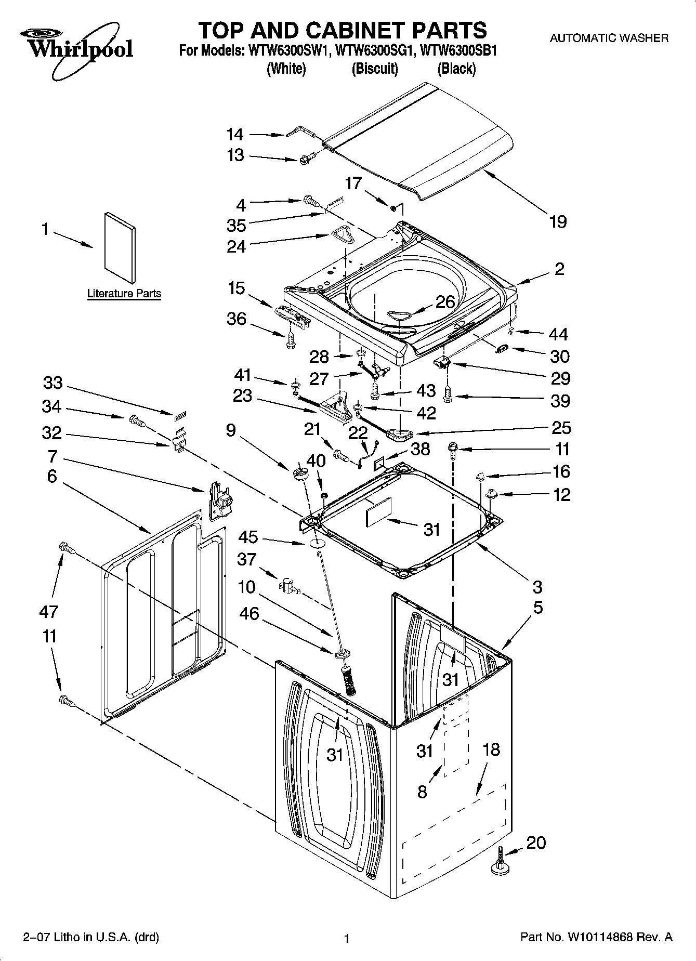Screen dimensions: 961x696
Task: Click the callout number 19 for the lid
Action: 558,222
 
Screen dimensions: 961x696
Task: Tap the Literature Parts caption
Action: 124,294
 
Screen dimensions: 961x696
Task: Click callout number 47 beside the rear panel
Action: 49,612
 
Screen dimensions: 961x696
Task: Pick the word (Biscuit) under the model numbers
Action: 375,69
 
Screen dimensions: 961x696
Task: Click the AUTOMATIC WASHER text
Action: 609,38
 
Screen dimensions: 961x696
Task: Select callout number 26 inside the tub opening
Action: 445,302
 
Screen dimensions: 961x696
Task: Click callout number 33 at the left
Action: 53,383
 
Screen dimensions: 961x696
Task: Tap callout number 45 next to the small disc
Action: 248,536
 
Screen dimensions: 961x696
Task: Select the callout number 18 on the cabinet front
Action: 491,749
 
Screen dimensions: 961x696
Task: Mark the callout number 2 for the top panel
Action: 559,269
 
